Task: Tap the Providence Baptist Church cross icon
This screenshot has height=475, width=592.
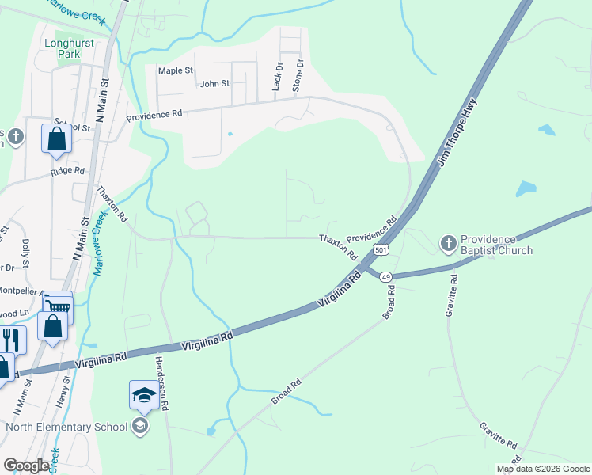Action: [448, 242]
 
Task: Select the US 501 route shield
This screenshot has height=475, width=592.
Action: [381, 250]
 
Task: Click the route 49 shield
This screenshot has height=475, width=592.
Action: [385, 276]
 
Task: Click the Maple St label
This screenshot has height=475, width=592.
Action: [176, 70]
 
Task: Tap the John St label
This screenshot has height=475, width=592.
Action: [214, 83]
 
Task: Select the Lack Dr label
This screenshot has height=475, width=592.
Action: [277, 78]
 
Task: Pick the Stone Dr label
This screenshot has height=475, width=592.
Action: [298, 76]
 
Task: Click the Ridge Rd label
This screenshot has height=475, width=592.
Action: [67, 170]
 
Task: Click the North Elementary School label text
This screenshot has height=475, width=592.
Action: [66, 427]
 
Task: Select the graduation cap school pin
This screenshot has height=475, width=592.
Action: [143, 394]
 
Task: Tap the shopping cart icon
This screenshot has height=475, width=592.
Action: [57, 306]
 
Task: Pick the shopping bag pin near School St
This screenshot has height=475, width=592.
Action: [57, 138]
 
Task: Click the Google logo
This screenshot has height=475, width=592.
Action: [26, 465]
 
